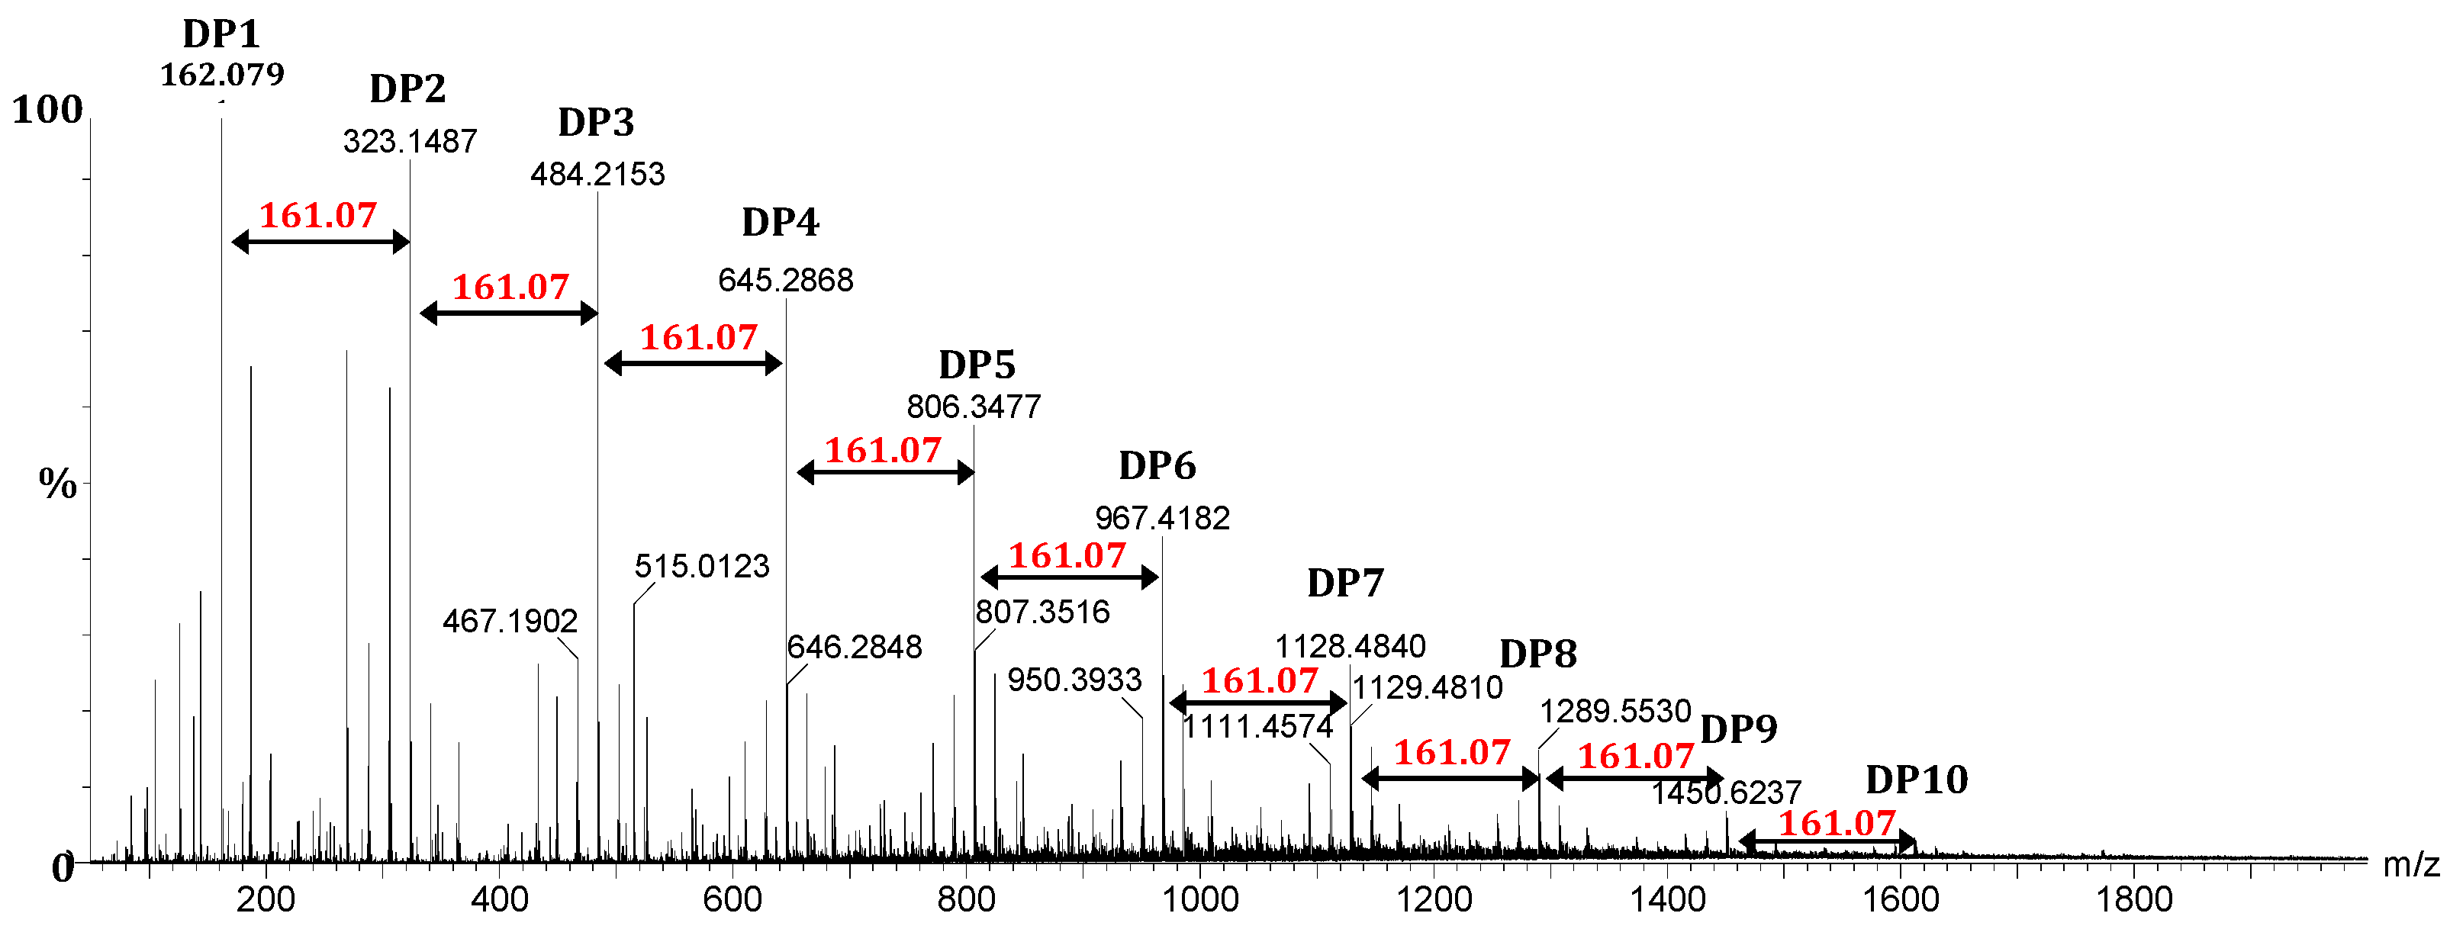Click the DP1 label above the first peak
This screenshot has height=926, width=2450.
221,34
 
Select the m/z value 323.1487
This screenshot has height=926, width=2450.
410,142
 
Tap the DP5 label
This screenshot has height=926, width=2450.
977,365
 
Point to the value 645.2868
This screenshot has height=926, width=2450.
786,281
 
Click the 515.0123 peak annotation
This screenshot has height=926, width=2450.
702,567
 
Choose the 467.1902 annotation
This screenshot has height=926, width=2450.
510,622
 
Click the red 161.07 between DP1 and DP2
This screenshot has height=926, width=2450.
317,216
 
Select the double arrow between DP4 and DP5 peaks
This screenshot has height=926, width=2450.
885,472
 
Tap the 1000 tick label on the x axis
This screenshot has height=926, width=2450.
1199,899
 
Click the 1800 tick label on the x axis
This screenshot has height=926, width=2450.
2134,899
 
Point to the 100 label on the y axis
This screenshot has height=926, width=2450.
47,111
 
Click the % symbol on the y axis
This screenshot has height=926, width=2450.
57,485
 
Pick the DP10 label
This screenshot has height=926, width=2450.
1917,780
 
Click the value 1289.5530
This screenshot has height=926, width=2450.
1615,711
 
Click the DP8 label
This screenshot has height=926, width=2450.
1538,655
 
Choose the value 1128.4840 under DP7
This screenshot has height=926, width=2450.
1350,648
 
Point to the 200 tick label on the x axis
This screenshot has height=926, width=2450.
266,899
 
